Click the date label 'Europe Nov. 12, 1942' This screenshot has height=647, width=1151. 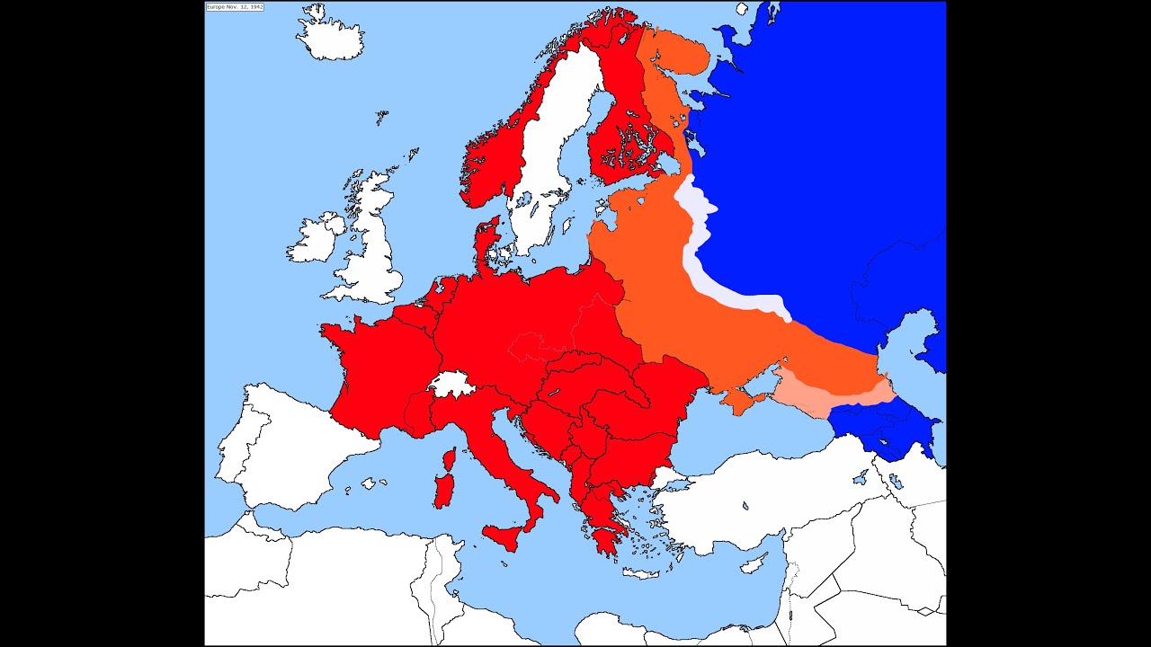tap(235, 7)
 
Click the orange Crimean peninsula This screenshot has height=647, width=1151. tap(742, 401)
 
